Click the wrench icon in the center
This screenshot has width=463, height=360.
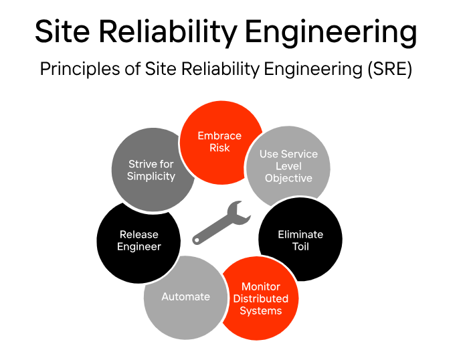[x=221, y=223]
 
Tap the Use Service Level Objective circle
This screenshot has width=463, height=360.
[x=288, y=166]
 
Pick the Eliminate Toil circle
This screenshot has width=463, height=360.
[x=300, y=240]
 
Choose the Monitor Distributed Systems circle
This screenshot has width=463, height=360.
[x=260, y=298]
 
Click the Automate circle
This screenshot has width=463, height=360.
[x=185, y=296]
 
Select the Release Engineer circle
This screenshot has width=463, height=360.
[x=138, y=240]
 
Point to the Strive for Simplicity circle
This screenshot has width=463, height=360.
[x=151, y=170]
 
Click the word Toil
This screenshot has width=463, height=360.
[x=300, y=246]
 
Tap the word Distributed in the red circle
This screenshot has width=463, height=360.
[x=260, y=298]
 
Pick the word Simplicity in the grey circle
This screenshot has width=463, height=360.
[x=151, y=177]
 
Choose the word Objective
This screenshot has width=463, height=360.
[x=288, y=178]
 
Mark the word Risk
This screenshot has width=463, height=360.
[x=219, y=147]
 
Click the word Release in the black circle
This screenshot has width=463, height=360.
[x=138, y=234]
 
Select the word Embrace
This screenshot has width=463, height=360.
[x=219, y=136]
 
